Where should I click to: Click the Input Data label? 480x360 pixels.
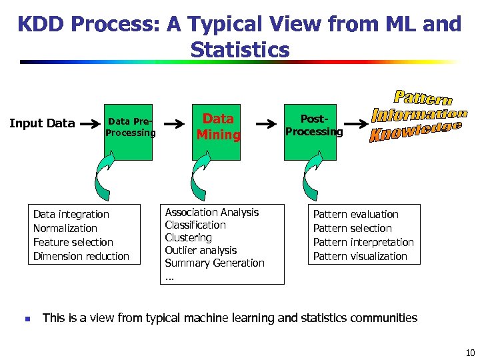(41, 123)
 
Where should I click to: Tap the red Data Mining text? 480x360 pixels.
(218, 127)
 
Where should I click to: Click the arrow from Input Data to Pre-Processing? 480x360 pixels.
(88, 124)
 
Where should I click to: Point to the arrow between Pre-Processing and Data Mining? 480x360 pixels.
(174, 124)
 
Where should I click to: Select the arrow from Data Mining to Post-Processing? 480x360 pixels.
(267, 124)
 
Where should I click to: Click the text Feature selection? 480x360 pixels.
(73, 242)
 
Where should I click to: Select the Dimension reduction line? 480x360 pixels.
(81, 256)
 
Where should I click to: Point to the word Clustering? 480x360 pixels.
(188, 237)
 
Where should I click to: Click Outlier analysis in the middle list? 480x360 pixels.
(201, 250)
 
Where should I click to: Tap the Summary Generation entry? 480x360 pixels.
(215, 263)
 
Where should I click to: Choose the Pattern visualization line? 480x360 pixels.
(360, 256)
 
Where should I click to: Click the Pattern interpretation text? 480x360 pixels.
(363, 242)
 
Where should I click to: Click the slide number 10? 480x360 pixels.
(469, 353)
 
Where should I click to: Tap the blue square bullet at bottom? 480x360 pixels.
(27, 319)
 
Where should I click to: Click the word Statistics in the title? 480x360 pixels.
(239, 50)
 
